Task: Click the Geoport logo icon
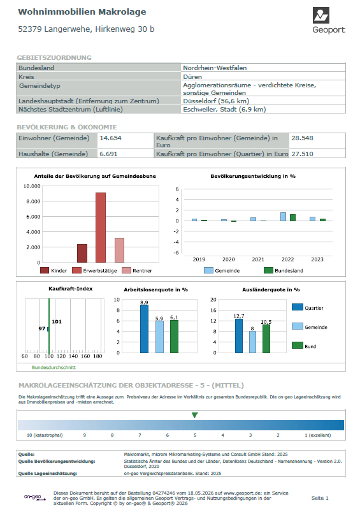click(x=320, y=15)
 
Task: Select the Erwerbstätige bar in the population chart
click(x=101, y=228)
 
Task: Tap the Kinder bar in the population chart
click(x=82, y=253)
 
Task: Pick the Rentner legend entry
click(x=137, y=271)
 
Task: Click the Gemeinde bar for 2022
click(x=283, y=217)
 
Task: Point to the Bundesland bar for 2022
click(x=292, y=217)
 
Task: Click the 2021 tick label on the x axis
click(x=258, y=259)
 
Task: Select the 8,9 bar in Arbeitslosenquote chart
click(x=145, y=329)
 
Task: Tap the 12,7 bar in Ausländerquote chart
click(x=239, y=336)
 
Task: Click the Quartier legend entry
click(x=308, y=308)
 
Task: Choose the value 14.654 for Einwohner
click(x=110, y=138)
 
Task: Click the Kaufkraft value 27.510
click(x=302, y=154)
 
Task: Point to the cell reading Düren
click(x=192, y=77)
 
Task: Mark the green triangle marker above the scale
click(x=195, y=415)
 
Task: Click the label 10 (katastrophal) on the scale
click(x=45, y=435)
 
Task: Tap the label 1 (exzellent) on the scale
click(x=318, y=435)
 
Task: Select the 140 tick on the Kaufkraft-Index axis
click(x=73, y=356)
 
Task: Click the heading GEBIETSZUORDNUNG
click(x=54, y=58)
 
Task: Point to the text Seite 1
click(x=320, y=498)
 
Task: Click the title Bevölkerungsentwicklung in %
click(x=253, y=176)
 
